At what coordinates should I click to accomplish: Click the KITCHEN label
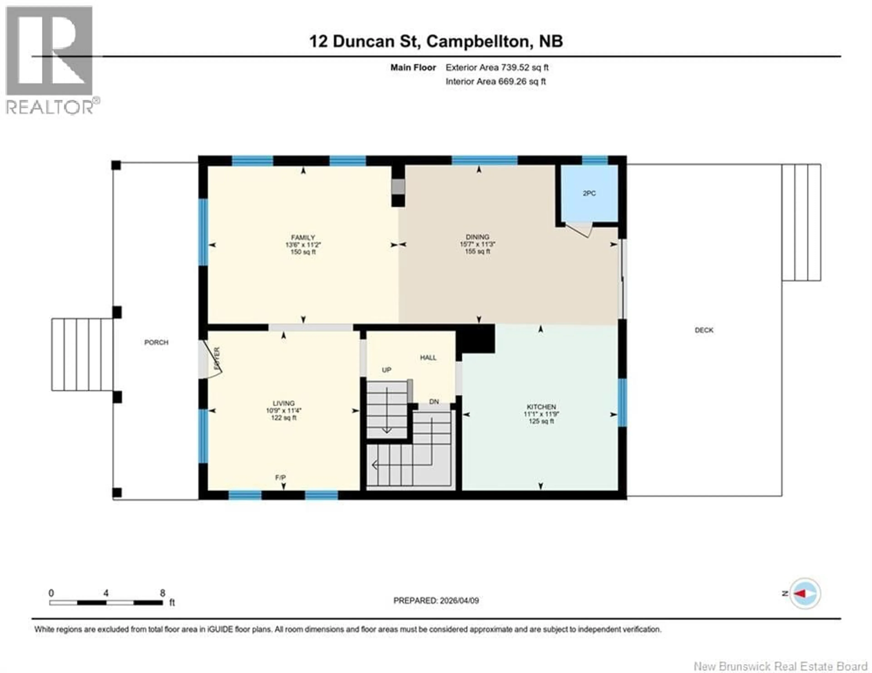(541, 407)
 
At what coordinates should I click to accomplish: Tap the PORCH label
(156, 342)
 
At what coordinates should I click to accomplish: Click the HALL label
(428, 358)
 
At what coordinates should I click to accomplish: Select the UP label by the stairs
(386, 370)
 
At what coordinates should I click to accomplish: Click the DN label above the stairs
(434, 402)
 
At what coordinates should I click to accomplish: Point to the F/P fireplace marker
(280, 478)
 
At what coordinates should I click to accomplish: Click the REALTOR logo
(50, 60)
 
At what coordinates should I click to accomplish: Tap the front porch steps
(82, 354)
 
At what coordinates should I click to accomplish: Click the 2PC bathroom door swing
(579, 231)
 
